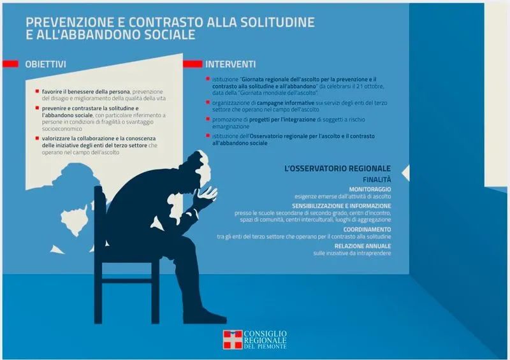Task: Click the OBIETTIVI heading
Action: click(x=45, y=64)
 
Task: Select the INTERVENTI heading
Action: click(x=230, y=64)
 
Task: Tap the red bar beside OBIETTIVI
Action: click(x=10, y=64)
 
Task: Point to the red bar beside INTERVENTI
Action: click(x=193, y=64)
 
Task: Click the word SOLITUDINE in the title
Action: click(x=277, y=22)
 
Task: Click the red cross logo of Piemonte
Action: click(x=233, y=340)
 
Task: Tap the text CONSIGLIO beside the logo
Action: click(x=265, y=334)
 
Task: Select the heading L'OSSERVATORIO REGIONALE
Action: click(x=338, y=168)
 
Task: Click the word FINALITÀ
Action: click(x=377, y=180)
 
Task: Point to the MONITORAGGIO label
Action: click(x=370, y=189)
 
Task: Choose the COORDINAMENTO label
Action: click(x=367, y=229)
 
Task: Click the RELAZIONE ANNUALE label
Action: click(x=363, y=246)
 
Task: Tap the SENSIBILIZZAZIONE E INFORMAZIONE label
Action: click(x=342, y=206)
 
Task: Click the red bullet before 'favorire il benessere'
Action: click(x=37, y=91)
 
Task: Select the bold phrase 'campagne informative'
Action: click(x=286, y=103)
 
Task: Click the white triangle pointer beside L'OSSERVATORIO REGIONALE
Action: click(x=406, y=173)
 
